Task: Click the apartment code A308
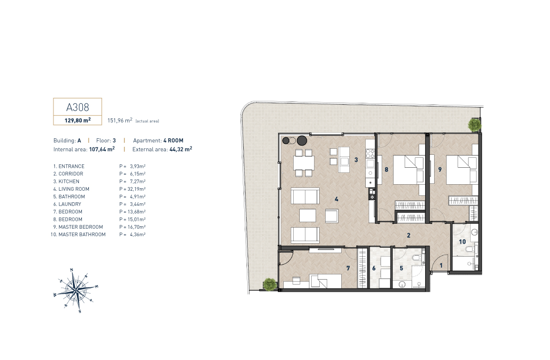(77, 107)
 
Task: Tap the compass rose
(76, 290)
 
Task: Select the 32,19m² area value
(136, 189)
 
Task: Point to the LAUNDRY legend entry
(67, 204)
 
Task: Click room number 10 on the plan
(462, 242)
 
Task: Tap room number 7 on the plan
(348, 268)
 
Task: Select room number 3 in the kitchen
(356, 160)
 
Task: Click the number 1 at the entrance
(441, 266)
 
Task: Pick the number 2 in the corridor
(409, 235)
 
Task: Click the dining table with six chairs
(304, 163)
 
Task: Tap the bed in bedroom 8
(409, 170)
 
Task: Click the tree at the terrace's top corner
(475, 125)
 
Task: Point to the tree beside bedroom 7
(270, 284)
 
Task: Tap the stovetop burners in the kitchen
(370, 153)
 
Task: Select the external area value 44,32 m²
(180, 149)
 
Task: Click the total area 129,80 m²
(77, 120)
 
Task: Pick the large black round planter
(302, 141)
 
